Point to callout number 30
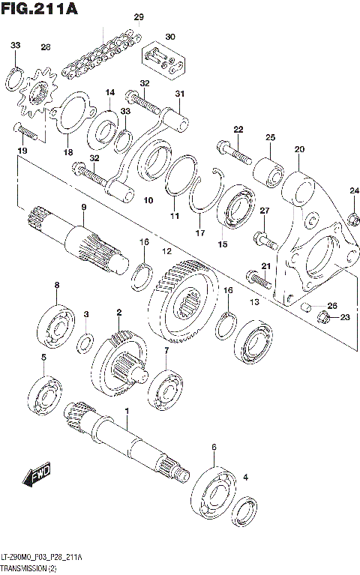tap(170, 37)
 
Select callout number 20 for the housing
tap(299, 149)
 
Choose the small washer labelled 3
tap(86, 343)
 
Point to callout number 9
tap(83, 207)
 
